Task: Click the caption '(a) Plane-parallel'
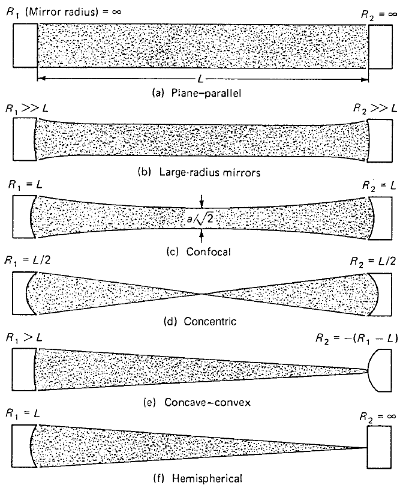pyautogui.click(x=197, y=93)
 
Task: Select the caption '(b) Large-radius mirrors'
pyautogui.click(x=199, y=172)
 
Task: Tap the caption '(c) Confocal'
pyautogui.click(x=199, y=252)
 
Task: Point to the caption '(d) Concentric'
pyautogui.click(x=200, y=321)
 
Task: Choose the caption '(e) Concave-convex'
pyautogui.click(x=197, y=402)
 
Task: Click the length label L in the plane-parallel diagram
pyautogui.click(x=200, y=79)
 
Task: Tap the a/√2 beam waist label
pyautogui.click(x=200, y=218)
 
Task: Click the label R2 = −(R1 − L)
pyautogui.click(x=357, y=339)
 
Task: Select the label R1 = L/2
pyautogui.click(x=28, y=260)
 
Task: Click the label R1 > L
pyautogui.click(x=24, y=338)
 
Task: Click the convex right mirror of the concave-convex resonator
pyautogui.click(x=380, y=370)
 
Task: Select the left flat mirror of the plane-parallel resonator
pyautogui.click(x=25, y=46)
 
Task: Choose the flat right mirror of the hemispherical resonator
pyautogui.click(x=379, y=447)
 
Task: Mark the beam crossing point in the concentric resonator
pyautogui.click(x=201, y=294)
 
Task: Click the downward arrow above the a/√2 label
pyautogui.click(x=202, y=201)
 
